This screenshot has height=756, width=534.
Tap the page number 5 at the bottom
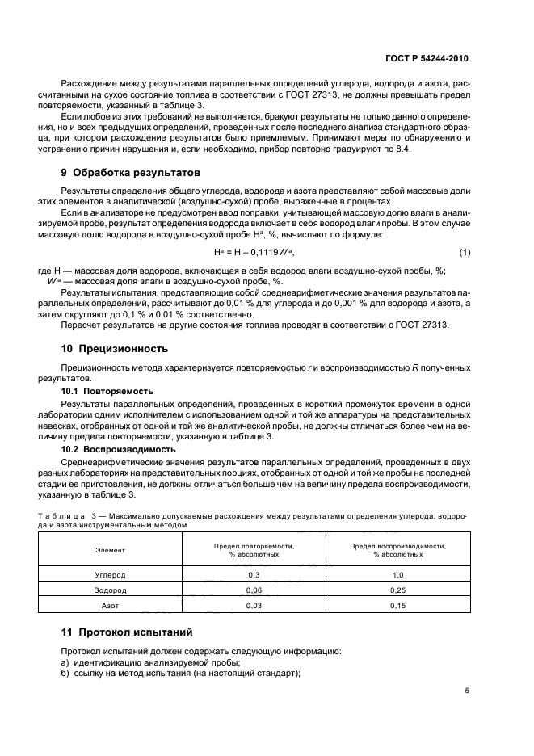467,691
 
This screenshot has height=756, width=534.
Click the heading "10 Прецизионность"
115,349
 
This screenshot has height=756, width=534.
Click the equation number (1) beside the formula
464,253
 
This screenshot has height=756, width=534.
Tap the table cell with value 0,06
253,590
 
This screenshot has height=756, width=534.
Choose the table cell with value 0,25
397,590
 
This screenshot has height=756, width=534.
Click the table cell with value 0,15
397,605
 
